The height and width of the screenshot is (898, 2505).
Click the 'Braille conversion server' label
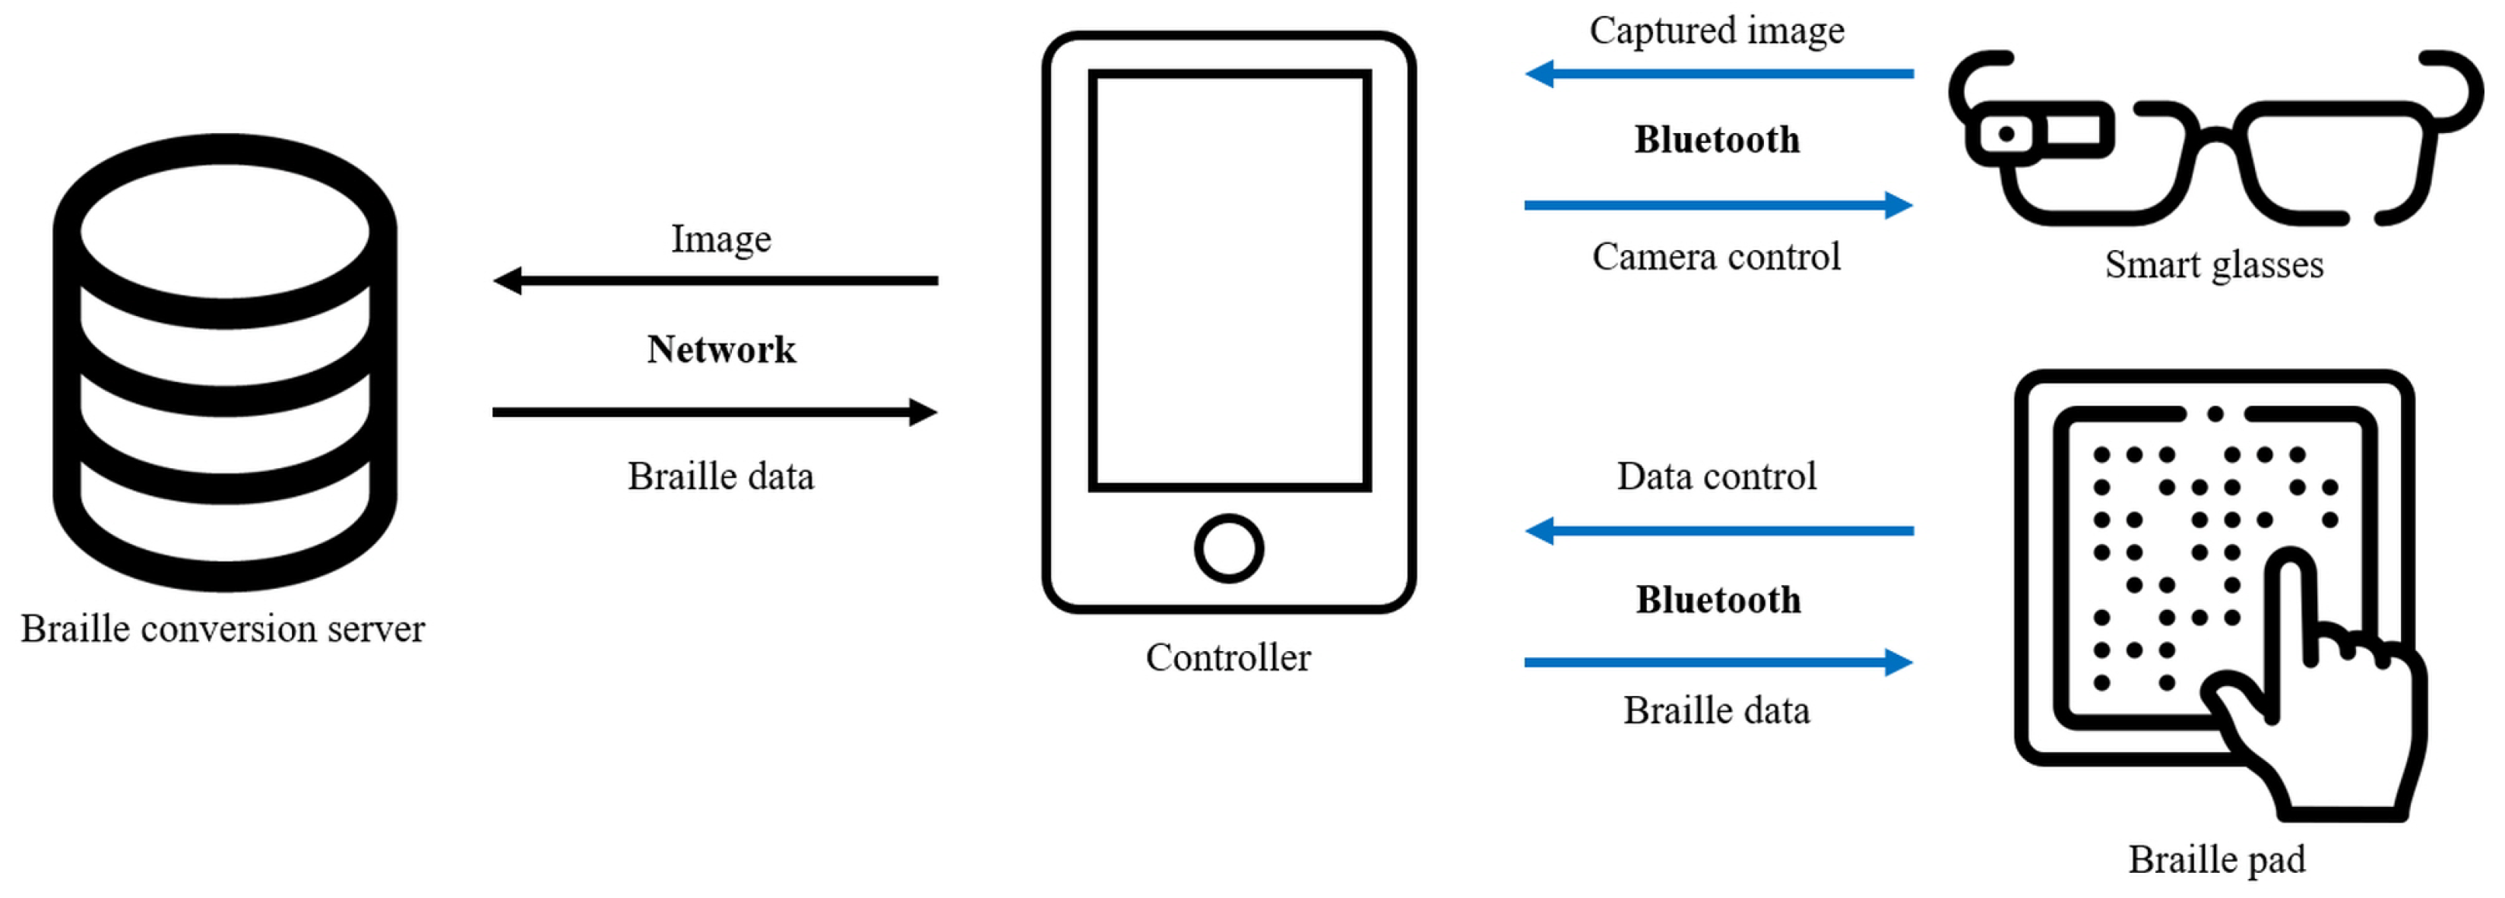click(x=223, y=629)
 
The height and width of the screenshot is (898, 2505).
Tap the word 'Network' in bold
click(x=720, y=349)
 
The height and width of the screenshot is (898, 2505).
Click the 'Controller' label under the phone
click(x=1227, y=658)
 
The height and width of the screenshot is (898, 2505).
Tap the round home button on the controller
click(x=1228, y=548)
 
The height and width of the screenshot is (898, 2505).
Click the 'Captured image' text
click(x=1716, y=31)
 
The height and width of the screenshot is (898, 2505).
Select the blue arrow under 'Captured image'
click(x=1718, y=74)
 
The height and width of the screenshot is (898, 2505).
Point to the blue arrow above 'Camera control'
click(x=1718, y=205)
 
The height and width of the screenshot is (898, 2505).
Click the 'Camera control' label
click(x=1716, y=257)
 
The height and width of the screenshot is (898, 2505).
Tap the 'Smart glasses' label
click(x=2213, y=264)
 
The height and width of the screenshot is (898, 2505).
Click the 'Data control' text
click(x=1716, y=476)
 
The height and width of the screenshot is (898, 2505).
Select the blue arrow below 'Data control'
click(x=1718, y=530)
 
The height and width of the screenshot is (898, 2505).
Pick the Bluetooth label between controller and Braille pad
click(x=1718, y=599)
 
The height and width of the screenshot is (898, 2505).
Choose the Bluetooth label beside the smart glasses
click(x=1716, y=140)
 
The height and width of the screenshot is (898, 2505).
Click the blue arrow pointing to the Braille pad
click(x=1718, y=662)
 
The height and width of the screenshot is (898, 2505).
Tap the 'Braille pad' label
click(x=2216, y=860)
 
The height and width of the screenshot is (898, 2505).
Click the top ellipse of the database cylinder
click(x=225, y=231)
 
